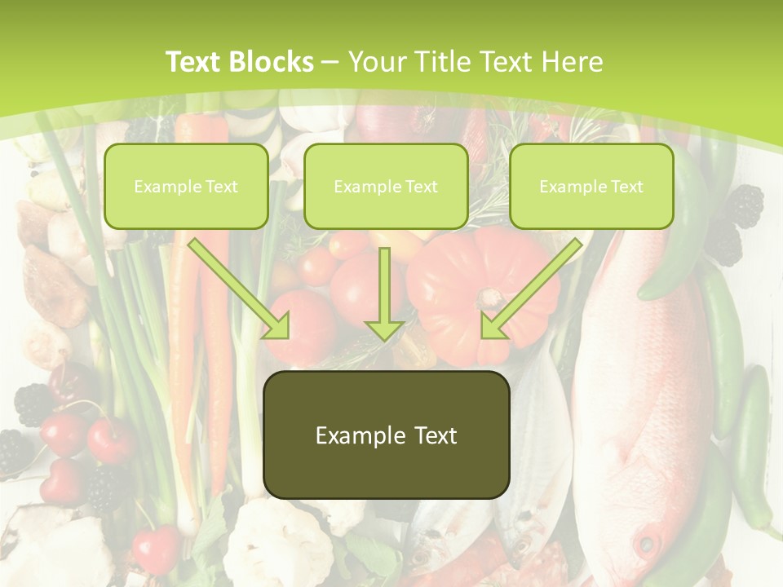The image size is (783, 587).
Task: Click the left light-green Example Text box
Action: tap(186, 186)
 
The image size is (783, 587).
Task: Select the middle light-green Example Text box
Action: tap(386, 186)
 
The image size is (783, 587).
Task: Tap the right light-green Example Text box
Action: tap(591, 186)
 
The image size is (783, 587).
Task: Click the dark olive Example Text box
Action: tap(386, 435)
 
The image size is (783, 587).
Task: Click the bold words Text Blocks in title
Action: tap(240, 62)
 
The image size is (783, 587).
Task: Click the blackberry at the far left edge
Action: tap(11, 450)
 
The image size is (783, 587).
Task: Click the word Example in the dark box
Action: tap(349, 435)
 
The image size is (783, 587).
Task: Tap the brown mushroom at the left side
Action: tap(49, 285)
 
